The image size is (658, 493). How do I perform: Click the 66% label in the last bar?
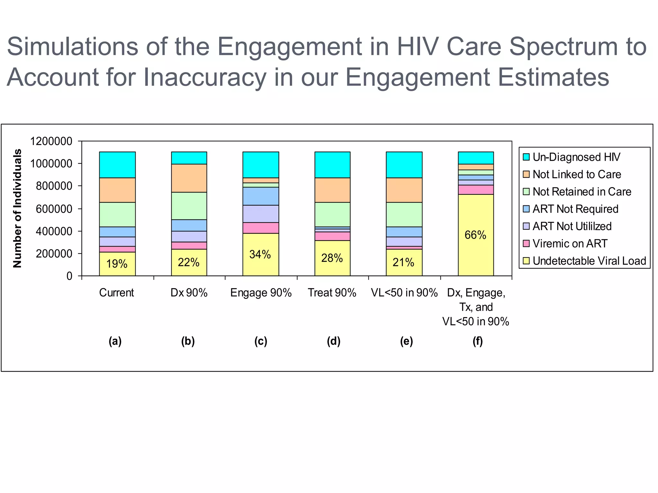click(475, 235)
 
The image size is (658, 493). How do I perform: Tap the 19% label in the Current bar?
click(117, 264)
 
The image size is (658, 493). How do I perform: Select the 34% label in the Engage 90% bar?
click(260, 254)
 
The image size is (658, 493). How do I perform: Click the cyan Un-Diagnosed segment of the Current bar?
click(117, 165)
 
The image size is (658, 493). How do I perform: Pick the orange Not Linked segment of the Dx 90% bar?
click(189, 178)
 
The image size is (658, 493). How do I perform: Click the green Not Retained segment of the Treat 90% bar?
click(332, 214)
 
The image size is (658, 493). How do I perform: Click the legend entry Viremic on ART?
click(570, 244)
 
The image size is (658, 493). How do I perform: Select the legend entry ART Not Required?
click(575, 209)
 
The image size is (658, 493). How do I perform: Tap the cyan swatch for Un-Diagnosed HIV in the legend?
click(526, 157)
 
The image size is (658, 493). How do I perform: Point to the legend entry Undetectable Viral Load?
click(589, 261)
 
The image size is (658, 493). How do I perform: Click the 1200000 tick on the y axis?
click(51, 141)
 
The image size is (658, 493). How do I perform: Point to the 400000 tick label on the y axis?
click(54, 231)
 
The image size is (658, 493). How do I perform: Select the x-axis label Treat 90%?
click(332, 293)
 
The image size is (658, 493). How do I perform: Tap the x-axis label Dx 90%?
click(189, 293)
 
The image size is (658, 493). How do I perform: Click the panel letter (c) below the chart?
click(261, 341)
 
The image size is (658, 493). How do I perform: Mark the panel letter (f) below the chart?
click(477, 341)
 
